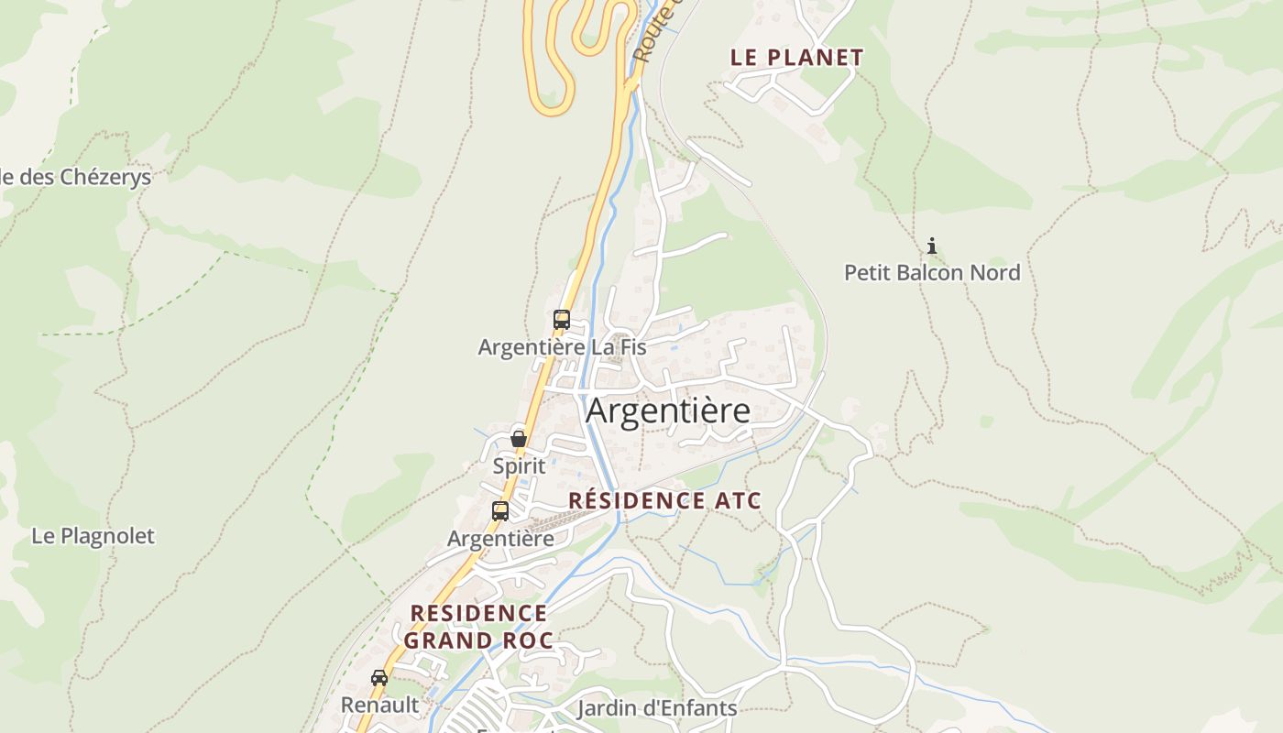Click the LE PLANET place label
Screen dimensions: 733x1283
click(796, 57)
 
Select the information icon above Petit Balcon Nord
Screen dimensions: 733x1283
click(932, 246)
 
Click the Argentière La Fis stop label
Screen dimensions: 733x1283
click(562, 347)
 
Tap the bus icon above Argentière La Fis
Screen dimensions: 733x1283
click(562, 320)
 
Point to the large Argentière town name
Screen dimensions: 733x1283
click(667, 410)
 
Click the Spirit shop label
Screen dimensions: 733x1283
click(519, 465)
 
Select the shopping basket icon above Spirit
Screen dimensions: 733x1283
click(519, 439)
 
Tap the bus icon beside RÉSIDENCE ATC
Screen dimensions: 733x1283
click(500, 511)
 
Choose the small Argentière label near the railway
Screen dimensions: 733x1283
click(500, 538)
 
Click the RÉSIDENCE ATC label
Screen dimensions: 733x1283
click(664, 500)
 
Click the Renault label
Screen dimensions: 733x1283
click(379, 705)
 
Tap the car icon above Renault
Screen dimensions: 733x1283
click(379, 678)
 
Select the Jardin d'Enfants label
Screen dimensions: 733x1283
click(656, 707)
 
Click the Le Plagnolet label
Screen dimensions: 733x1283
click(93, 536)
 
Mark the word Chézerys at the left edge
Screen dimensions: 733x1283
click(104, 177)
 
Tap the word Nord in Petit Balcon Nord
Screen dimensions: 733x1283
click(998, 272)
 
